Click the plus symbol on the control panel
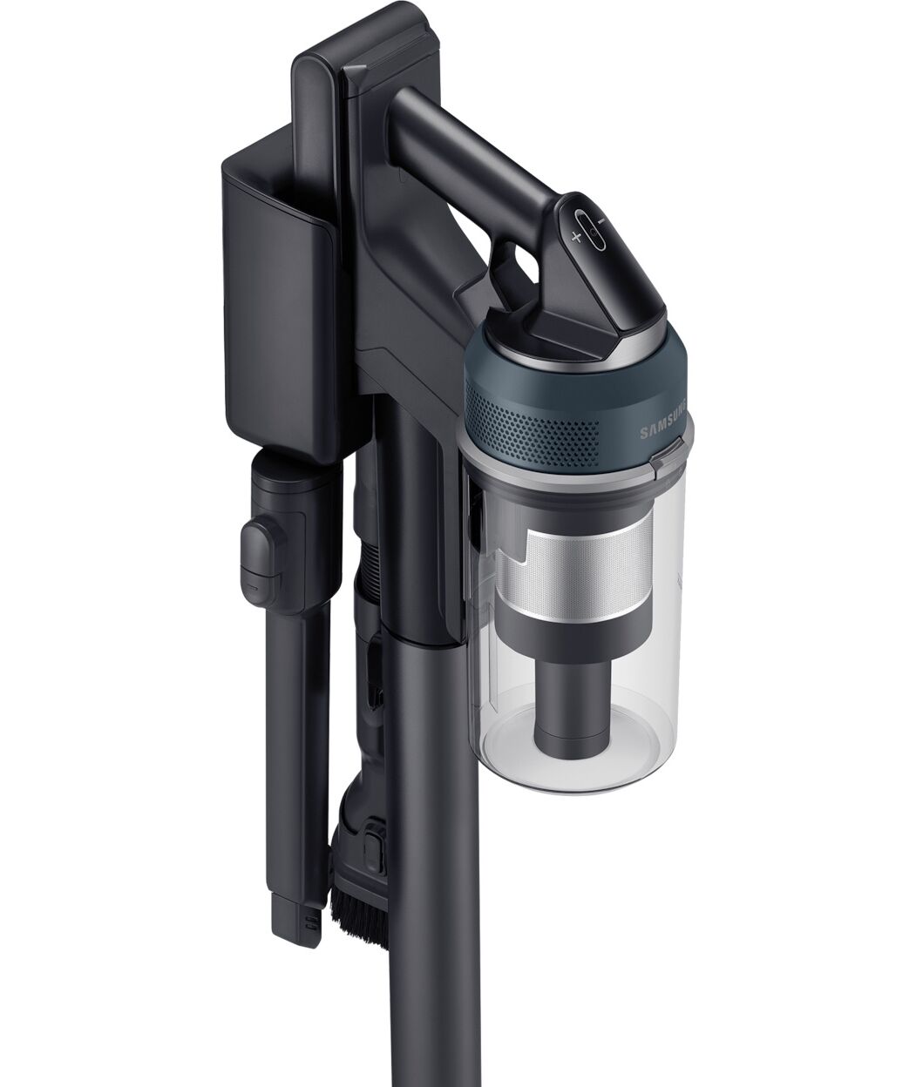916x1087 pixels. pyautogui.click(x=576, y=237)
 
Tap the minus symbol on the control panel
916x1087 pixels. pyautogui.click(x=602, y=221)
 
